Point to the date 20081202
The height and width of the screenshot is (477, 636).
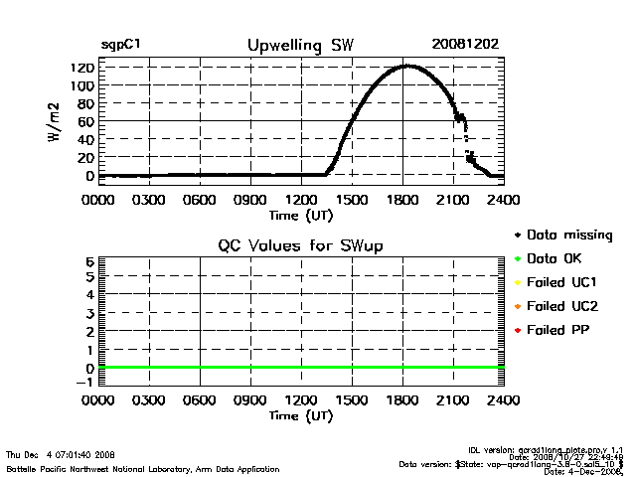tap(465, 45)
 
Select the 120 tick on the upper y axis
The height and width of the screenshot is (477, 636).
tap(81, 68)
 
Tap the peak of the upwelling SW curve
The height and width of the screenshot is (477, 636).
tap(405, 66)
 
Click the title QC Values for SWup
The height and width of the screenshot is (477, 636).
tap(300, 244)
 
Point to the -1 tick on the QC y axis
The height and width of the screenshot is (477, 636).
tap(86, 382)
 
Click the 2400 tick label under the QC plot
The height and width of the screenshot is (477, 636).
tap(504, 400)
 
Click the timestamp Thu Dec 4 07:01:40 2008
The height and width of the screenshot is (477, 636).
tap(61, 454)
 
